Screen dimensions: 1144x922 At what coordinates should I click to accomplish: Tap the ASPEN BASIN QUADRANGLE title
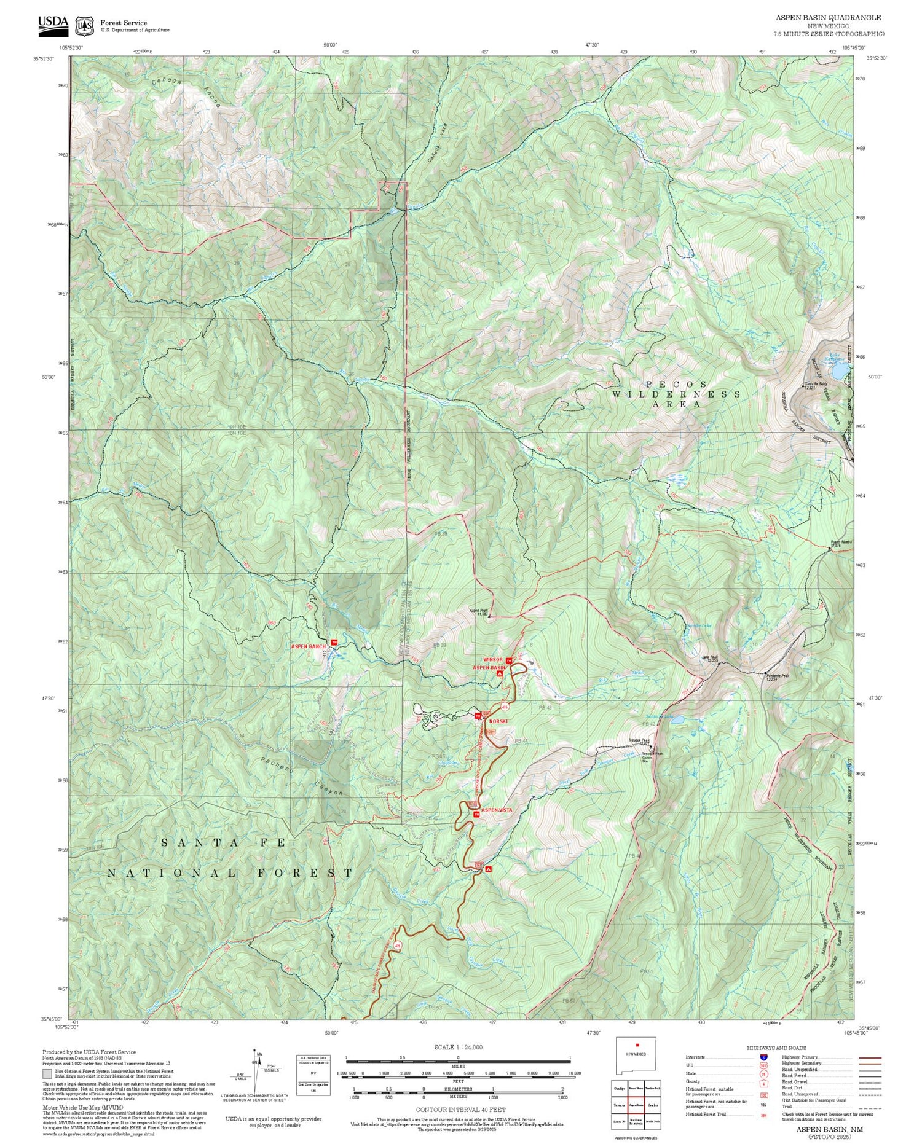828,18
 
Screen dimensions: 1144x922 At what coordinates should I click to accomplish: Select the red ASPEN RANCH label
308,647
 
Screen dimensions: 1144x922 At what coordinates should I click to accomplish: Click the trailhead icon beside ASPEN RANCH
334,643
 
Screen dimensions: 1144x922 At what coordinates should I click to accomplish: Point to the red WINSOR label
493,660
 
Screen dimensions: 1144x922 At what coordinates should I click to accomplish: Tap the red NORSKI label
499,721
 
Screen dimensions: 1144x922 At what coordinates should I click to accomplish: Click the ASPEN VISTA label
496,810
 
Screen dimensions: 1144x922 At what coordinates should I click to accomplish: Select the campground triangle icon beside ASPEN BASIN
499,673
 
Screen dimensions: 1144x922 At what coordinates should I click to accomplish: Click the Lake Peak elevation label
710,659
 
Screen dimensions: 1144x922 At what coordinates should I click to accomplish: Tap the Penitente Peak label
773,676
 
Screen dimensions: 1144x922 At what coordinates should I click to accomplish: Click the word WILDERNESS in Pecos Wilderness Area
676,394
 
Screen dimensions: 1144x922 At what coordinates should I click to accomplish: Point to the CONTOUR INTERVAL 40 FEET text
460,1110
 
